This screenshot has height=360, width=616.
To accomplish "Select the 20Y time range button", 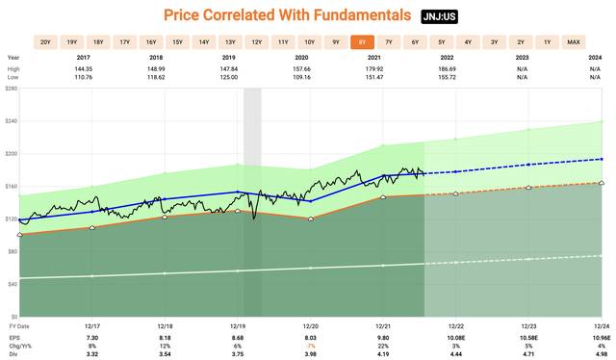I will (44, 41).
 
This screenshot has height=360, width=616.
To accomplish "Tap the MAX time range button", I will (574, 41).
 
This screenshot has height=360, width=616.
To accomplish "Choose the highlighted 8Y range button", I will (361, 41).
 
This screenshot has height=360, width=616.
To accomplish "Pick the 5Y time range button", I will (441, 41).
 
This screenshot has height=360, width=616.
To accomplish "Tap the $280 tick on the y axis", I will (11, 89).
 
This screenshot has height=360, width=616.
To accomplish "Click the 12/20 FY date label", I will (310, 328).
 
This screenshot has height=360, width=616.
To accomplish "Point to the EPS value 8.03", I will (310, 338).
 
